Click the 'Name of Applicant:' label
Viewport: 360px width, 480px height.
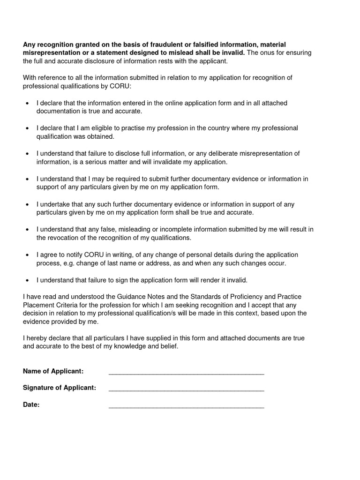click(x=53, y=371)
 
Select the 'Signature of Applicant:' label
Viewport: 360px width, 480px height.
click(x=60, y=388)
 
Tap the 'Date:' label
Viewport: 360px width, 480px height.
click(x=31, y=405)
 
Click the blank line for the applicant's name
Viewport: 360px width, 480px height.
click(x=186, y=374)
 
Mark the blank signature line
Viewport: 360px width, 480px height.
click(x=186, y=390)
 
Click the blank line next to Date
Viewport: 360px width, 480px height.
click(x=186, y=407)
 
